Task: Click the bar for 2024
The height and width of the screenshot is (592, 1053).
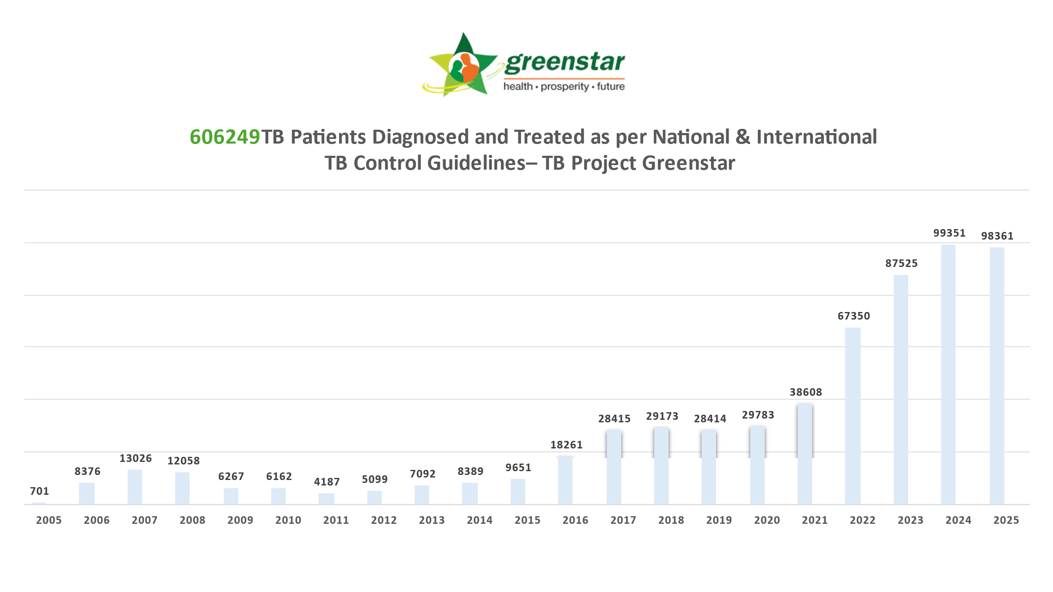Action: pyautogui.click(x=948, y=374)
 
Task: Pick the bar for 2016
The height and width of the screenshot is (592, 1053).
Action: pyautogui.click(x=565, y=480)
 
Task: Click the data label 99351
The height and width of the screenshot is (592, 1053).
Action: pyautogui.click(x=949, y=233)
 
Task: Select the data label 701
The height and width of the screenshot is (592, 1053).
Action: pyautogui.click(x=40, y=491)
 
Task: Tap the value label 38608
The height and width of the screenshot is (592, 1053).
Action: pyautogui.click(x=806, y=392)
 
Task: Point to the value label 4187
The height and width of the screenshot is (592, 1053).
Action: pyautogui.click(x=327, y=482)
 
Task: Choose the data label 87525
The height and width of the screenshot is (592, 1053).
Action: pyautogui.click(x=901, y=264)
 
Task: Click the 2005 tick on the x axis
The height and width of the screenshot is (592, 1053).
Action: pyautogui.click(x=49, y=520)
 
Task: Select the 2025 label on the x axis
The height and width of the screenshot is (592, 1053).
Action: pyautogui.click(x=1006, y=520)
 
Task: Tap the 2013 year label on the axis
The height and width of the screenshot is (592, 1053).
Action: pyautogui.click(x=432, y=520)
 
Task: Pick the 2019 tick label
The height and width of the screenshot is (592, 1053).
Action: pyautogui.click(x=719, y=520)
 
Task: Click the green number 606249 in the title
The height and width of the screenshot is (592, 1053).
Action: pyautogui.click(x=225, y=137)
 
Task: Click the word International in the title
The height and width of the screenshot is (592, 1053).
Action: pyautogui.click(x=816, y=137)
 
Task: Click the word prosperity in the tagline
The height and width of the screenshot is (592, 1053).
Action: pyautogui.click(x=564, y=87)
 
